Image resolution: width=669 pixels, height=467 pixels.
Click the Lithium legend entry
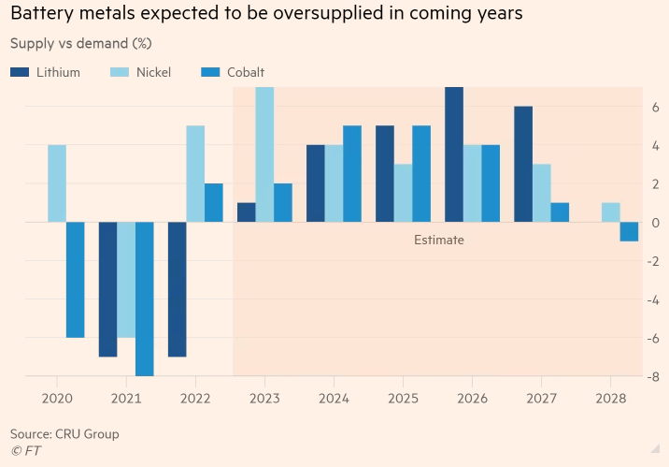pos(46,72)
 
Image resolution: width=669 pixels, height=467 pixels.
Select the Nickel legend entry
pos(140,72)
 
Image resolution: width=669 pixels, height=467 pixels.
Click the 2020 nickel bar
pos(57,183)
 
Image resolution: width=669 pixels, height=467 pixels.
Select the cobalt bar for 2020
pos(76,279)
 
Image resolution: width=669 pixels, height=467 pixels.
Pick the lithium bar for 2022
pos(177,289)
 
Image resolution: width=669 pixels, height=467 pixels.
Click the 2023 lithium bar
pos(246,212)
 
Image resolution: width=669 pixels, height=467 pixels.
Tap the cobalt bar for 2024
pos(352,174)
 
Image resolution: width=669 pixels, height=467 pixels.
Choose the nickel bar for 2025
pos(403,193)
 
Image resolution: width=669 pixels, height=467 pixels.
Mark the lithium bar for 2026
pos(453,154)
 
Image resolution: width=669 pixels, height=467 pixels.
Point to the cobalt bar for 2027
pos(560,212)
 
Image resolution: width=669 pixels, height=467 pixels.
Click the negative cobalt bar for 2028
pos(629,231)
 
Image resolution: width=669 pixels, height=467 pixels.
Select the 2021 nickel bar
pos(126,279)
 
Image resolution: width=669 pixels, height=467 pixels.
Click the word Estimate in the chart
pos(439,241)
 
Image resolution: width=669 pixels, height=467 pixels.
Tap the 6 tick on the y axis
pos(657,108)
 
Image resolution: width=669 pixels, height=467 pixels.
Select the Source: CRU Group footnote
pos(64,434)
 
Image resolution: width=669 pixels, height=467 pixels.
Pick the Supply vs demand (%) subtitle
pos(80,43)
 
